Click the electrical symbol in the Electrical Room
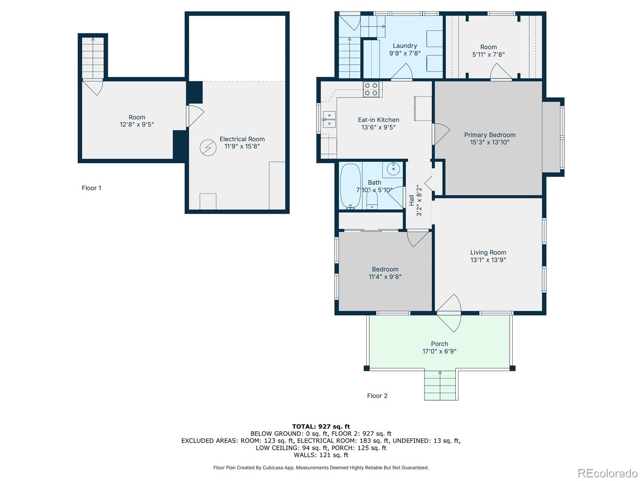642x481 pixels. (x=208, y=148)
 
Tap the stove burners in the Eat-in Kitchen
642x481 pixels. (x=371, y=89)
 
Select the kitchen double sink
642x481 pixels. (x=329, y=119)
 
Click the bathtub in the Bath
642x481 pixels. (x=351, y=186)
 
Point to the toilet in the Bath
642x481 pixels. (x=372, y=200)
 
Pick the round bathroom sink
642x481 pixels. (x=393, y=169)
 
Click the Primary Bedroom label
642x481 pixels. (x=490, y=135)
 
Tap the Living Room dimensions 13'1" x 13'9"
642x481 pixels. (x=488, y=260)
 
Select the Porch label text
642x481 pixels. (x=439, y=344)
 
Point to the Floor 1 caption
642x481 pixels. (x=91, y=188)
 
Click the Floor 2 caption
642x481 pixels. (x=377, y=396)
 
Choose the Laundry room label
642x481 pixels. (x=405, y=46)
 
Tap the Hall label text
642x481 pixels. (x=412, y=200)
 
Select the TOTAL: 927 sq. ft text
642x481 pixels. (x=321, y=426)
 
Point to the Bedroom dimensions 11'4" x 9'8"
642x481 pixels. (x=385, y=277)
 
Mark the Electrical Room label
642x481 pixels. (x=242, y=139)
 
